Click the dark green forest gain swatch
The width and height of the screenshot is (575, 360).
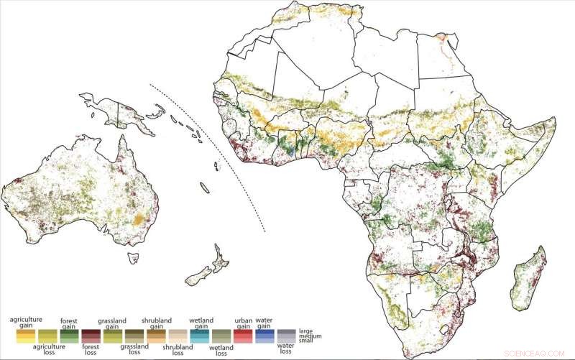pos(70,336)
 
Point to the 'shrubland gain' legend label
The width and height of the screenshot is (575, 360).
pos(155,321)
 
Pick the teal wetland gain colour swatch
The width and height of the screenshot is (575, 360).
pos(198,336)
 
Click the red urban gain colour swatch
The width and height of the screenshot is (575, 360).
pos(242,336)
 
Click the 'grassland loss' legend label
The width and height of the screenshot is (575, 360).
pos(134,349)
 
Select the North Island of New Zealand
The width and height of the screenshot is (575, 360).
pos(215,255)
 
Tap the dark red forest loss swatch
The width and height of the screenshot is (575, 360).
pos(91,336)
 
